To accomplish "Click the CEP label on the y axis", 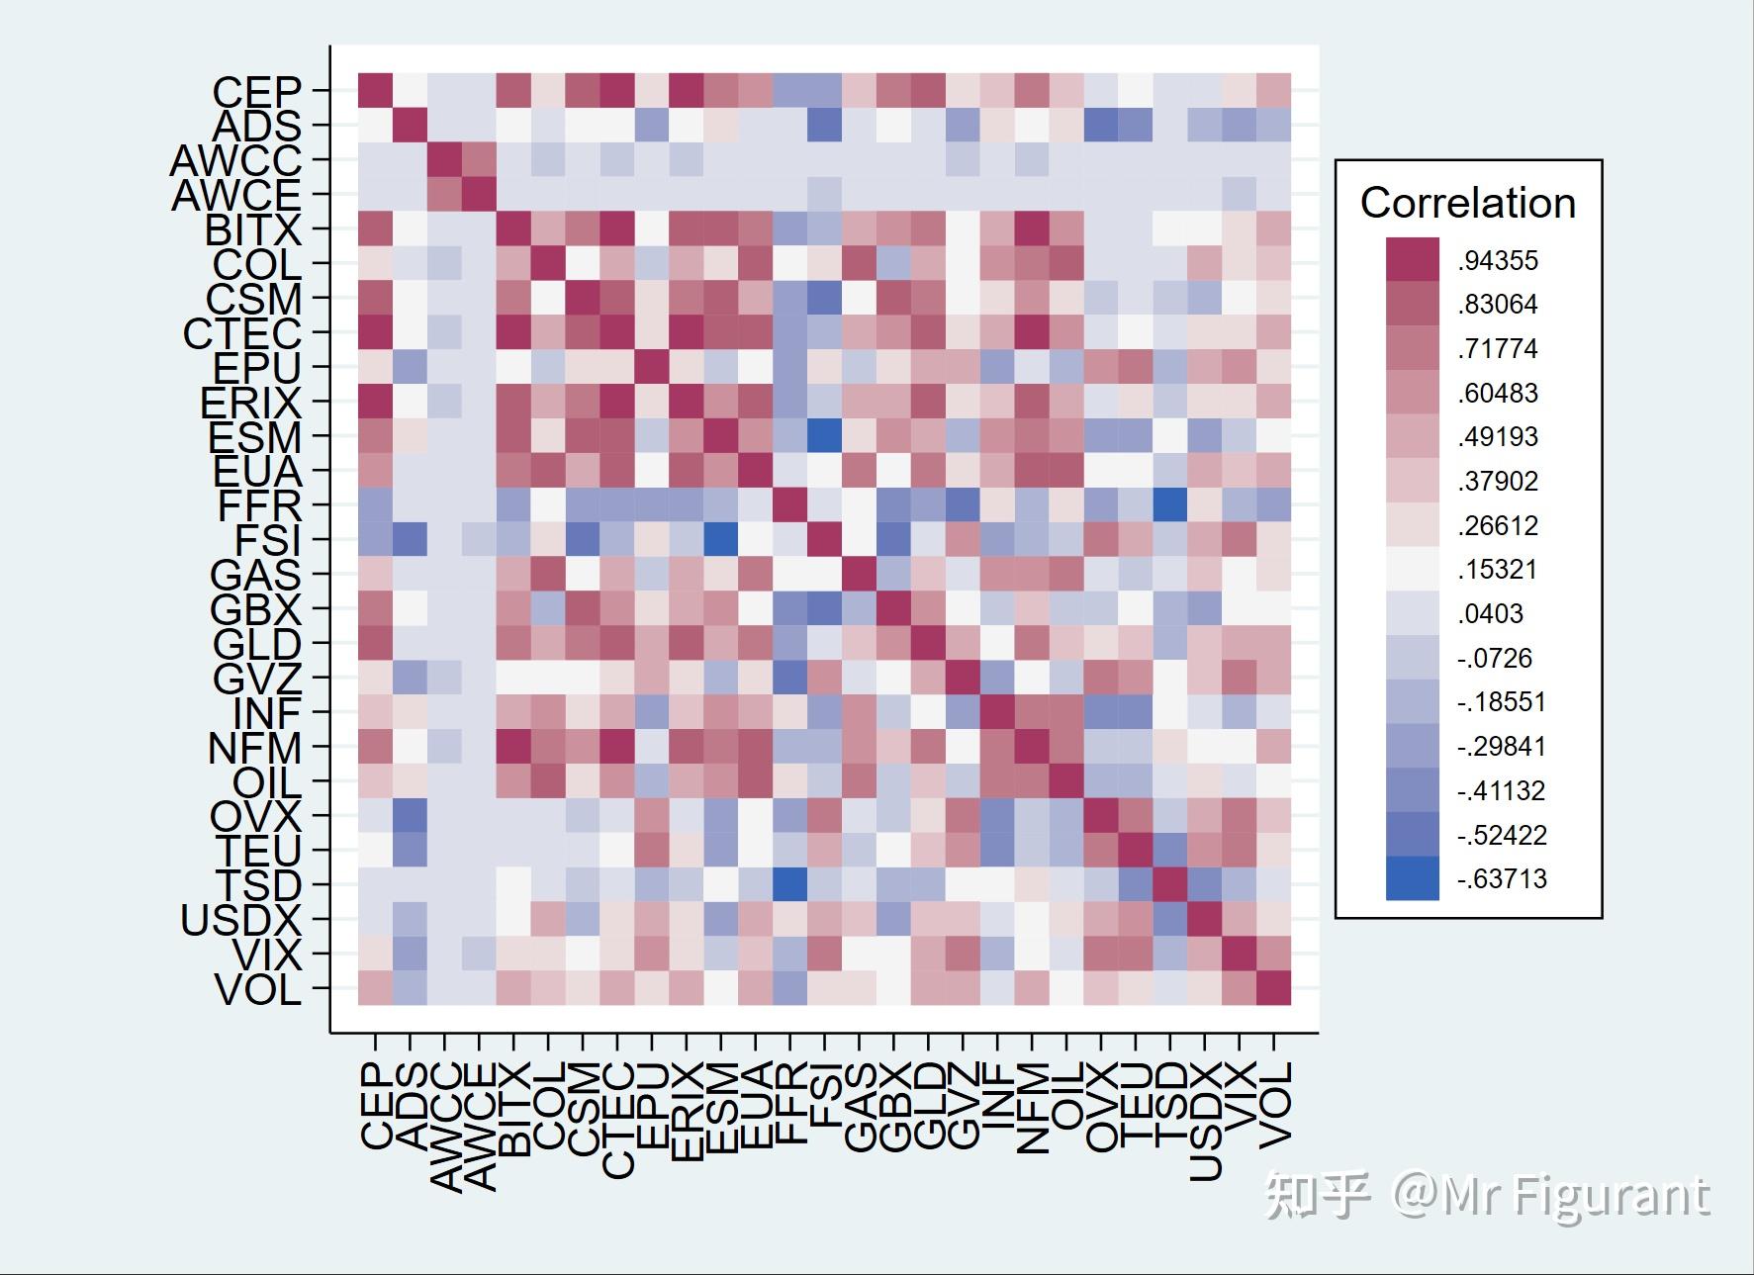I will click(x=256, y=92).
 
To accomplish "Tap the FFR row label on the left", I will click(x=259, y=506).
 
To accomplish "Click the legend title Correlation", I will click(x=1467, y=203).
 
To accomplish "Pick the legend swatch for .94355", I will click(x=1412, y=259).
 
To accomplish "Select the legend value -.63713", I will click(x=1502, y=878).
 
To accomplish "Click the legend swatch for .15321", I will click(x=1412, y=569).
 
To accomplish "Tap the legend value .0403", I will click(x=1491, y=613).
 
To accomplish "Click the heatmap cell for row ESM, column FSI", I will click(x=824, y=436).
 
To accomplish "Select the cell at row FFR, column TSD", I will click(x=1169, y=505).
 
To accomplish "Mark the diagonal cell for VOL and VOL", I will click(x=1273, y=988).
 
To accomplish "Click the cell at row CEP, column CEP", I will click(x=375, y=90).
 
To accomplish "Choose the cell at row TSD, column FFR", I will click(x=789, y=884).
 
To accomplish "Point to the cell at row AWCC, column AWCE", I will click(x=479, y=159).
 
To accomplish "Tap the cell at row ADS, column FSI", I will click(x=824, y=125).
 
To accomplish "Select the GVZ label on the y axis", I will click(x=256, y=680).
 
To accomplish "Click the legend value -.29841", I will click(x=1502, y=746).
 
